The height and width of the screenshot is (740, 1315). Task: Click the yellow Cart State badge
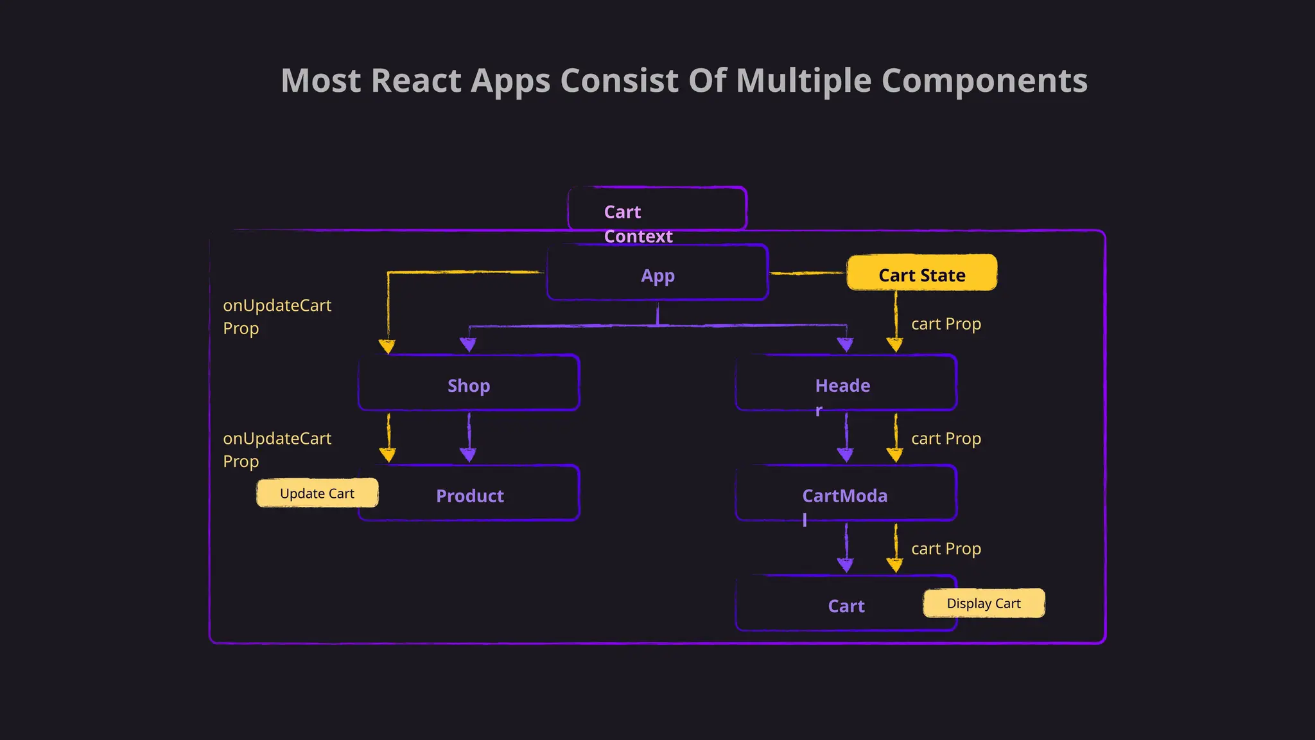pyautogui.click(x=921, y=273)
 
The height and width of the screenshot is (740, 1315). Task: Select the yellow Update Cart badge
pyautogui.click(x=317, y=493)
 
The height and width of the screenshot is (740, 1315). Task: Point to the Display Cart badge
pyautogui.click(x=984, y=603)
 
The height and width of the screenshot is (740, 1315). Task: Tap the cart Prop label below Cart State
pyautogui.click(x=946, y=324)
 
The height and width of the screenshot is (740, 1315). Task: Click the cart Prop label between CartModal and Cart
pyautogui.click(x=946, y=549)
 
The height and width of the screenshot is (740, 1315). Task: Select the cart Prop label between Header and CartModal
pyautogui.click(x=946, y=438)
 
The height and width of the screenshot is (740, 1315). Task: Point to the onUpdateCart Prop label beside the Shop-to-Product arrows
pyautogui.click(x=277, y=449)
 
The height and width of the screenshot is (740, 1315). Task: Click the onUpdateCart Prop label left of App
pyautogui.click(x=277, y=316)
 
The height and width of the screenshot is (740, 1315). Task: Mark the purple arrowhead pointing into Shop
pyautogui.click(x=468, y=345)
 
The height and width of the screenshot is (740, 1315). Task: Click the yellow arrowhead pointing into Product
pyautogui.click(x=387, y=455)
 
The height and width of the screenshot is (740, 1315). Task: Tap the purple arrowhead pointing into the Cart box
pyautogui.click(x=845, y=565)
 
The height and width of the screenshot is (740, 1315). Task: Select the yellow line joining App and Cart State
pyautogui.click(x=807, y=274)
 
